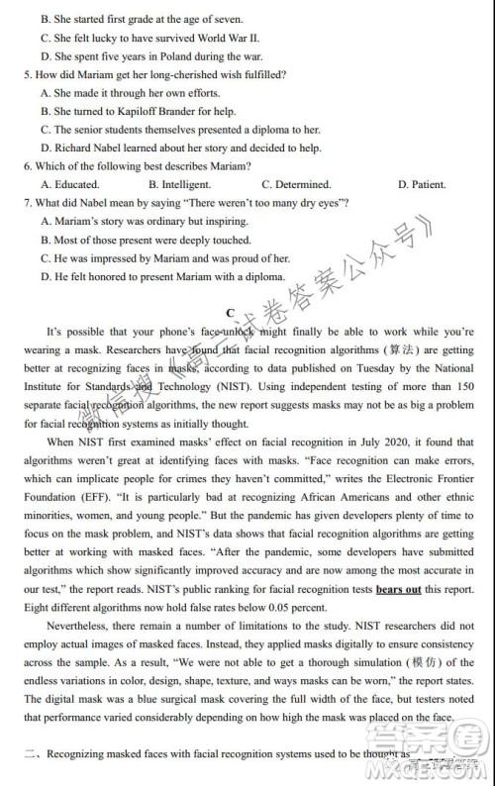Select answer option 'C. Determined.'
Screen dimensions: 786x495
(296, 184)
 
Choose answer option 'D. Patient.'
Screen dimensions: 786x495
(421, 184)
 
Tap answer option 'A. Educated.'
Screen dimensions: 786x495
(70, 184)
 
